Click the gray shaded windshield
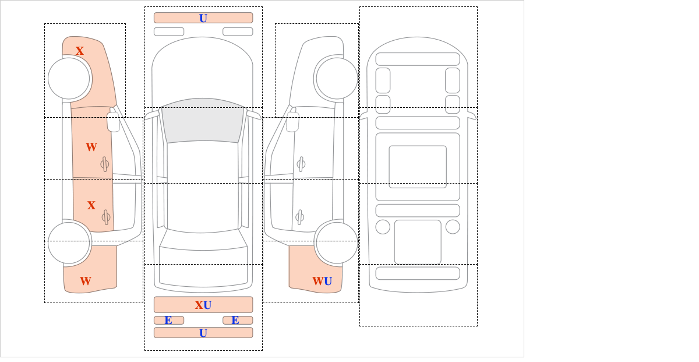coord(203,121)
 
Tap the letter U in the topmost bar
coord(203,19)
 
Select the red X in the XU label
coord(199,305)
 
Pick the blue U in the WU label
coord(328,282)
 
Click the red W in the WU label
coord(318,282)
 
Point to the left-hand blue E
coord(168,321)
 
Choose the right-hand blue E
coord(235,321)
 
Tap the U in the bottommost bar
coord(203,333)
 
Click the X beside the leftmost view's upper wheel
coord(80,51)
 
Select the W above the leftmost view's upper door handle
coord(91,147)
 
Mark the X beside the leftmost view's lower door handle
coord(91,206)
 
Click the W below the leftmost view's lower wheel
coord(86,281)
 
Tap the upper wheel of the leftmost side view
coord(69,78)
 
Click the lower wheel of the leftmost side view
coord(69,242)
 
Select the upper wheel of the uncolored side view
coord(337,78)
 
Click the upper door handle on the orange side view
coord(105,164)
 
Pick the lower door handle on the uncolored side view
coord(300,217)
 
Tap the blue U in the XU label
coord(207,305)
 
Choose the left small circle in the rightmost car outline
coord(383,227)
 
